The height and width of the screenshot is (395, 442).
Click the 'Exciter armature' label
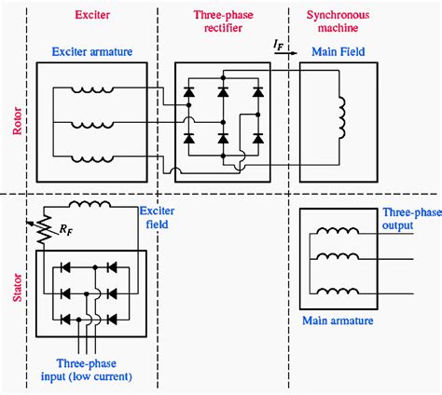(91, 54)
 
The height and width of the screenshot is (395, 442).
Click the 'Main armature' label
(338, 321)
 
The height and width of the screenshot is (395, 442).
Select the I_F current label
(280, 43)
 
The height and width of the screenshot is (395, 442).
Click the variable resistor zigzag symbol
(42, 233)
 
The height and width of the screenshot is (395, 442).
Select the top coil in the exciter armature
(93, 90)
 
